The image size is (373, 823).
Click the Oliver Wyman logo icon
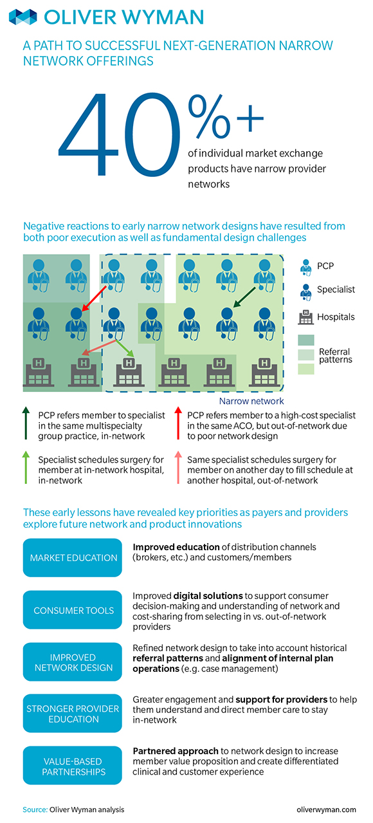(23, 17)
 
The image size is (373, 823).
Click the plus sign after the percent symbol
(250, 118)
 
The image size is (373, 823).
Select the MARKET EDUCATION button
(72, 557)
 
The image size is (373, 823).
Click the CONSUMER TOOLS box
(72, 610)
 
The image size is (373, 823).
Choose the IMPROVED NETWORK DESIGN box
(72, 661)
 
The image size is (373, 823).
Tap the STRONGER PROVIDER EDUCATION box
(72, 713)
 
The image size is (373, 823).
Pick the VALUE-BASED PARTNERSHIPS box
(72, 765)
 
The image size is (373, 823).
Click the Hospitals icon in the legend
(305, 317)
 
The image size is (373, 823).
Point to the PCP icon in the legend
(305, 267)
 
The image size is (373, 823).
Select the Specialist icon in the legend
(305, 292)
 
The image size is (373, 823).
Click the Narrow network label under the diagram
(251, 401)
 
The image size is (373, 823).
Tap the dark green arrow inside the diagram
(244, 297)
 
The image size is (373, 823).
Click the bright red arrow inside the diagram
(94, 299)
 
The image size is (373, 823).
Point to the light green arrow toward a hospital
(125, 348)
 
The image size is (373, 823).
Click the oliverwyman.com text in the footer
(327, 809)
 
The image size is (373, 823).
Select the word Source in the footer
(35, 809)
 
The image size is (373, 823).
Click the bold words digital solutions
(208, 596)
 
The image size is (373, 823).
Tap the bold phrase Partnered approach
(176, 751)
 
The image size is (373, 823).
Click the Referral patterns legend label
(335, 355)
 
